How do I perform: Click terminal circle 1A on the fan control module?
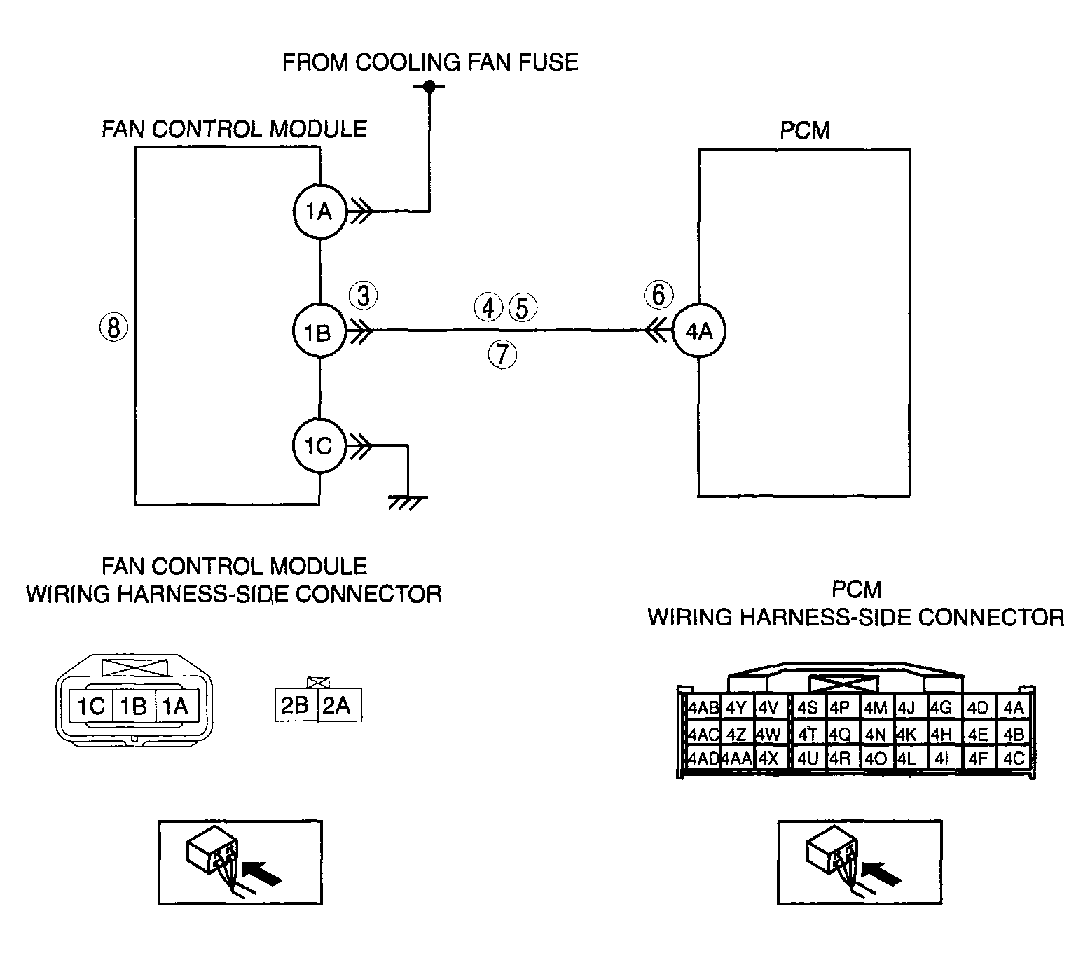click(319, 211)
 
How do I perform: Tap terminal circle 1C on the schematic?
click(319, 446)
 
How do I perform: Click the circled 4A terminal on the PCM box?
click(698, 331)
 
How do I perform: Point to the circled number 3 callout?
click(364, 296)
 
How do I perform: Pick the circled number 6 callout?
click(658, 295)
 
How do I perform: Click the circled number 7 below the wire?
click(502, 354)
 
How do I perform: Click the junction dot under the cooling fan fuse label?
click(429, 86)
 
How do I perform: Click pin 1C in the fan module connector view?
click(90, 706)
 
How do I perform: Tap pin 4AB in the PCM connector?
click(703, 708)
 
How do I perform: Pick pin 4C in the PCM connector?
click(1014, 758)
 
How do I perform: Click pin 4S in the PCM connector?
click(808, 708)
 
